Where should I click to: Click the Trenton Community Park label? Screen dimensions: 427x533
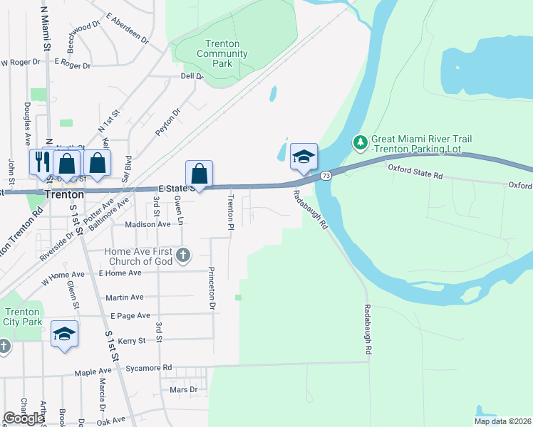(x=222, y=53)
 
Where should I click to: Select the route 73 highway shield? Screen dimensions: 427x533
(x=326, y=175)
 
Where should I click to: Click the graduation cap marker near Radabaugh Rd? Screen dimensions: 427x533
(x=304, y=157)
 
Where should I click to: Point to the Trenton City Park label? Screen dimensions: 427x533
(x=21, y=317)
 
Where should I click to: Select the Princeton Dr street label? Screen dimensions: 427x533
(x=211, y=288)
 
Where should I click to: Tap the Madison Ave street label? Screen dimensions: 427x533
(x=148, y=224)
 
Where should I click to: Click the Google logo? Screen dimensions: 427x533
(x=24, y=418)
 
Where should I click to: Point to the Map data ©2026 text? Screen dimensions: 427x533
(x=502, y=421)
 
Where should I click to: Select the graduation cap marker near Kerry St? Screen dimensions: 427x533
(x=65, y=335)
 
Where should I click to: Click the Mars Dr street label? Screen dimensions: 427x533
(x=183, y=390)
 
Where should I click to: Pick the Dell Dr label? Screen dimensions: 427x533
(x=192, y=76)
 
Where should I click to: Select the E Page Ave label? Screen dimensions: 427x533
(x=130, y=315)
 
